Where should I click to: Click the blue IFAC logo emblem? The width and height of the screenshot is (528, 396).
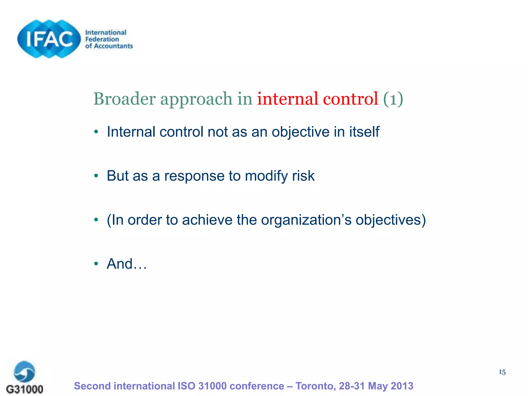pos(49,39)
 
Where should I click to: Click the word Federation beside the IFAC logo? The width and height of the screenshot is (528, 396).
pos(102,39)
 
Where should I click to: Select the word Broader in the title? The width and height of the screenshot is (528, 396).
pos(125,99)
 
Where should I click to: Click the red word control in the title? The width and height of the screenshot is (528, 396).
pos(350,99)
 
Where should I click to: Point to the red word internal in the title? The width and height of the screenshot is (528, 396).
pos(287,99)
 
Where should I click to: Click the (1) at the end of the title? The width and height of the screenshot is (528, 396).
pos(393,99)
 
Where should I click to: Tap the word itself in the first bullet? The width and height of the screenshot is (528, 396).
pos(364,132)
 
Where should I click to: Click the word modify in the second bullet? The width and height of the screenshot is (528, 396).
pos(266,176)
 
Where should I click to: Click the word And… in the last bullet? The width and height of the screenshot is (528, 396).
pos(127,264)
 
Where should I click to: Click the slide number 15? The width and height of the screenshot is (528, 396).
pos(502,372)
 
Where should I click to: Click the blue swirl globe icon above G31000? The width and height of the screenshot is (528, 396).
pos(24,372)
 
